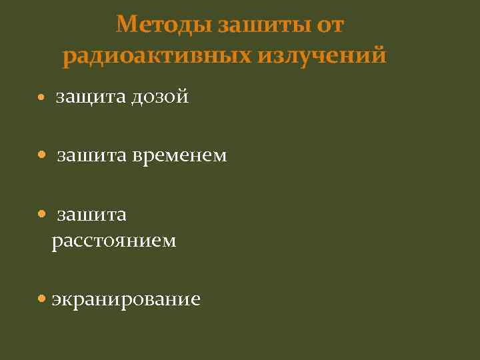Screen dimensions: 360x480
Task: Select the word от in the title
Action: [331, 25]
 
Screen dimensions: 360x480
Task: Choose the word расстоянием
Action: [114, 241]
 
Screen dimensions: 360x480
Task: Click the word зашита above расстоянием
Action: [91, 215]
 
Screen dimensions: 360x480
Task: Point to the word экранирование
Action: [126, 299]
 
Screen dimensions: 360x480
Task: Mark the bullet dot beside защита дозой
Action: [41, 98]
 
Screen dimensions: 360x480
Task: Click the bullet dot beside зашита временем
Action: [41, 156]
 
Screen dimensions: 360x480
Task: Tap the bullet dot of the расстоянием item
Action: [41, 215]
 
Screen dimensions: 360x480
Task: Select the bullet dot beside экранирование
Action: [41, 299]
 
